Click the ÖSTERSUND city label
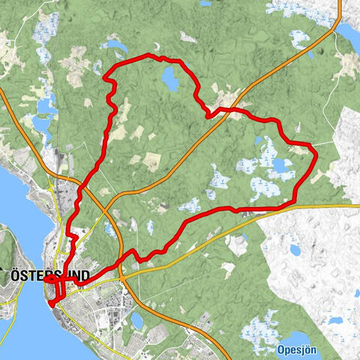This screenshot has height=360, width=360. point(49,276)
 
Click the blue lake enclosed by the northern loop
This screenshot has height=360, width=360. point(170,79)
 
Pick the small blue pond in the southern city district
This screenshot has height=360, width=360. point(137,320)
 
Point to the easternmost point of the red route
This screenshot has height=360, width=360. point(316,154)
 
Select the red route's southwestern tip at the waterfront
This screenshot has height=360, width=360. point(50,303)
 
